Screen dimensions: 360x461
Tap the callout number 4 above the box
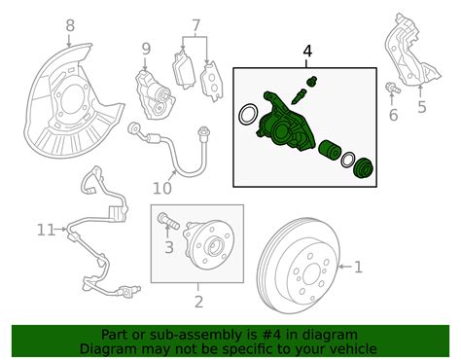coord(307,50)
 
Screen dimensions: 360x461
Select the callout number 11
coord(44,231)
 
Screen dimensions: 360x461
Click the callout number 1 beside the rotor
coord(358,266)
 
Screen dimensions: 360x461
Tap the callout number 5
coord(421,108)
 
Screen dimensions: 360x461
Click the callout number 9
coord(146,49)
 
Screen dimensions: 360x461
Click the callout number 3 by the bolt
coord(168,248)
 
